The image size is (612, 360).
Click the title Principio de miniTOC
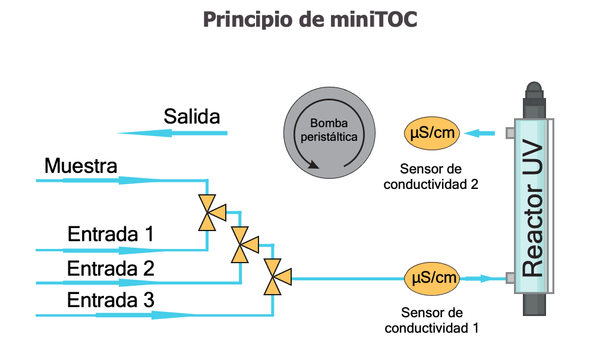point(310,20)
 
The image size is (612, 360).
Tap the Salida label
point(191,116)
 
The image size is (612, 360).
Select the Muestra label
point(81,166)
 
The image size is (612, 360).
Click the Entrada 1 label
point(111,233)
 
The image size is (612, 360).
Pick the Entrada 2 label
point(111,269)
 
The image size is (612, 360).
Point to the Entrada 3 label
point(111,300)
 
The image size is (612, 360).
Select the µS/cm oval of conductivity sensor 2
point(432,132)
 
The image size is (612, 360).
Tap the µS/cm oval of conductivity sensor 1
point(432,277)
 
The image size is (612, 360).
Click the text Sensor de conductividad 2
point(431,176)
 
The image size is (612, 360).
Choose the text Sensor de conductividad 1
point(432,320)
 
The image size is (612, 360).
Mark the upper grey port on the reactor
point(510,133)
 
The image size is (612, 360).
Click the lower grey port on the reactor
point(510,277)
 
